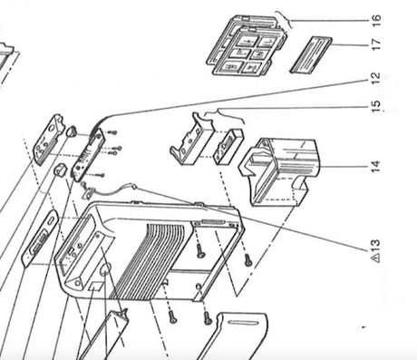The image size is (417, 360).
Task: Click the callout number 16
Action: (376, 20)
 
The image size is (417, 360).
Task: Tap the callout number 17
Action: (376, 44)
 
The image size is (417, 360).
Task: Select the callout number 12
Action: (375, 79)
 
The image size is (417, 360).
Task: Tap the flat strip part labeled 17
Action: (311, 55)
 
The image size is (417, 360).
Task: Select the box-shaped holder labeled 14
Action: (279, 172)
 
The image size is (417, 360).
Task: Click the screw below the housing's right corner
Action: (247, 259)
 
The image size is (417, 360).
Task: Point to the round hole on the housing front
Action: (106, 268)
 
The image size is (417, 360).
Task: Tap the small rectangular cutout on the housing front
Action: (96, 286)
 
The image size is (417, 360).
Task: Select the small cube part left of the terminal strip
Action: (60, 170)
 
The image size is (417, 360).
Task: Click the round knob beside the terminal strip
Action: (71, 131)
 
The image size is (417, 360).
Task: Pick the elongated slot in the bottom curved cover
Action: (243, 323)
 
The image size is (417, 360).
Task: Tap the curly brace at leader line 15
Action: (224, 113)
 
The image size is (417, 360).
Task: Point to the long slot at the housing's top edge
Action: (213, 222)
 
